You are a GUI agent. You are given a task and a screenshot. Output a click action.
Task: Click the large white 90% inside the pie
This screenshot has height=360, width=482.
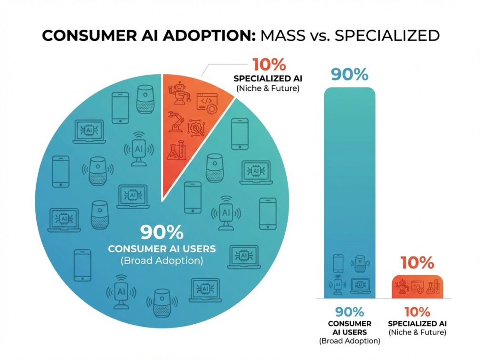tap(161, 233)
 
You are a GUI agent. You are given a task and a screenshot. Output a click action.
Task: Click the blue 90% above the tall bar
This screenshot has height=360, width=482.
tap(349, 74)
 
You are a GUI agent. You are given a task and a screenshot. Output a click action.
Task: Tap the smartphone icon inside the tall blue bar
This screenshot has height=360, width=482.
tap(338, 263)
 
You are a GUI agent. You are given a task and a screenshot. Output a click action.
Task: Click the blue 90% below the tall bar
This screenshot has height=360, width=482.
tap(349, 312)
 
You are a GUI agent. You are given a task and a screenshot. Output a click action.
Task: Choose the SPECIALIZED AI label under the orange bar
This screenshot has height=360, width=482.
tap(417, 324)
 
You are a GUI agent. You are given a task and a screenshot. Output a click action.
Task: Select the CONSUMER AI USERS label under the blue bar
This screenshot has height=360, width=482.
tap(349, 328)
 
